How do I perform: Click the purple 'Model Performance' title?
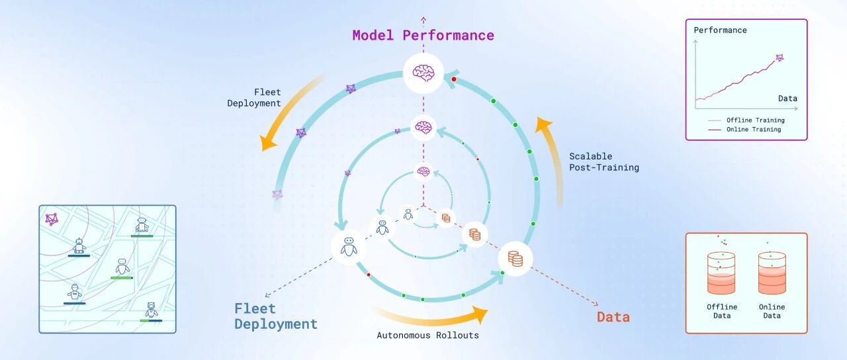pos(423,35)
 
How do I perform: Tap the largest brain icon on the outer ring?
pos(423,73)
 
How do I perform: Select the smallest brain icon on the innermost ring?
pos(423,172)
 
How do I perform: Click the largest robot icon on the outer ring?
pos(349,247)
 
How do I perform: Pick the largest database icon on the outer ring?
pos(515,259)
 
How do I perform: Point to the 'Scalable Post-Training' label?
pos(604,162)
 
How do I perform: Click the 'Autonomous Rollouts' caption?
pos(427,335)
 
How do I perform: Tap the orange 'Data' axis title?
pos(613,317)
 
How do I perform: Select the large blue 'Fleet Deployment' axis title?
pos(276,316)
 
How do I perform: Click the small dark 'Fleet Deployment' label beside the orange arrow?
pos(254,97)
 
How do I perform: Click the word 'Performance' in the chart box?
pos(720,30)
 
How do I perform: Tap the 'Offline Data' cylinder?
pos(721,273)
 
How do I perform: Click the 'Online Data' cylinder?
pos(772,273)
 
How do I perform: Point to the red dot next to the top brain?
pos(454,79)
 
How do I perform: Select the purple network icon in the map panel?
pos(52,219)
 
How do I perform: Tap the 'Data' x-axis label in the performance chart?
pos(787,99)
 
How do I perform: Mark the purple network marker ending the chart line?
pos(780,58)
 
